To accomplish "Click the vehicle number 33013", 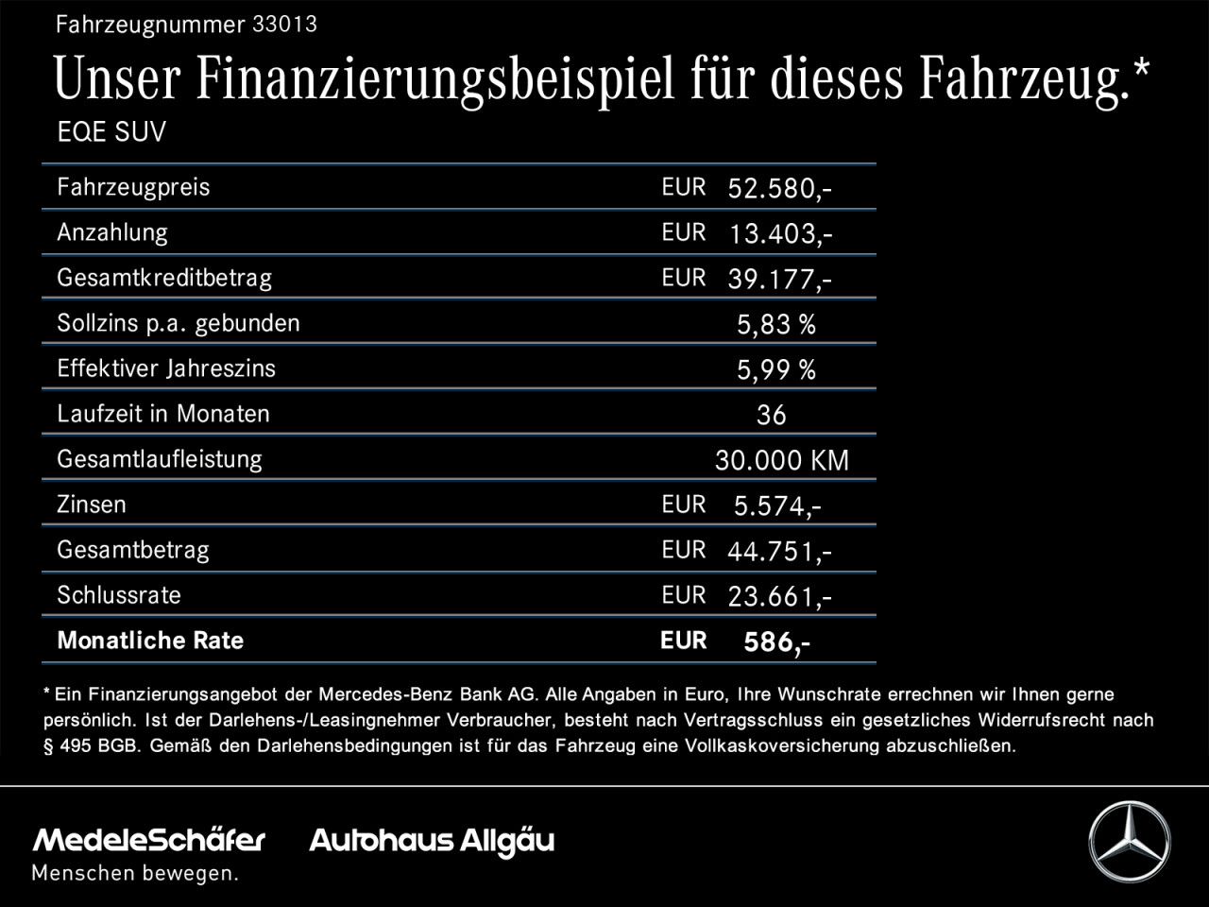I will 284,25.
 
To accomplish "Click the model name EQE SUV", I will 111,132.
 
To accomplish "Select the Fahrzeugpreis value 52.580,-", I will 779,189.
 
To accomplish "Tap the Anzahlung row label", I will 112,232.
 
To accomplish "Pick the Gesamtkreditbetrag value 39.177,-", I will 779,280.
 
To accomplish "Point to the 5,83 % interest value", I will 775,325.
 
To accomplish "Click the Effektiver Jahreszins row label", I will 166,368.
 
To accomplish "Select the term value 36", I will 771,416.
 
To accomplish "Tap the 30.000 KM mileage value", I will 781,461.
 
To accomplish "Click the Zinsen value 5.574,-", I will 776,506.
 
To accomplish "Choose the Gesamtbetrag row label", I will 133,550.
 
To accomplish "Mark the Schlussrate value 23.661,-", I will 779,597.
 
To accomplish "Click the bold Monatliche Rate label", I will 150,641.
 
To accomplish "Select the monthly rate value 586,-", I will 776,642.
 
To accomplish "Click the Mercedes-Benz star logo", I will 1129,842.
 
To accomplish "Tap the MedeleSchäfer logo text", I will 149,840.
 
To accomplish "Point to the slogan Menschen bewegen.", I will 135,874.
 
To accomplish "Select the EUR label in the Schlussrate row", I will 684,595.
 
